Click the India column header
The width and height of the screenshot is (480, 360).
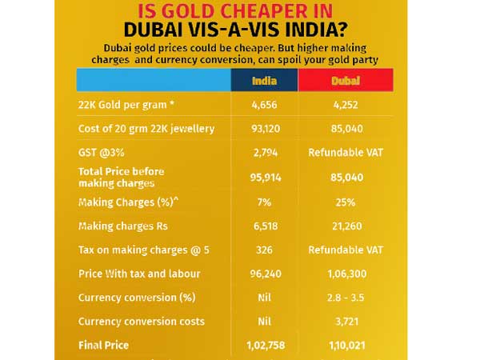tap(264, 80)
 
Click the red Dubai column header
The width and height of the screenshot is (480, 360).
tap(345, 80)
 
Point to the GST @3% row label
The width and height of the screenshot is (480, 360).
tap(102, 151)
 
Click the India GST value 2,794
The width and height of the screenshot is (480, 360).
tap(264, 151)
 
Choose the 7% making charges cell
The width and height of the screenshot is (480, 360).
tap(264, 202)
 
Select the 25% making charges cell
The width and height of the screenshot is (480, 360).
tap(345, 202)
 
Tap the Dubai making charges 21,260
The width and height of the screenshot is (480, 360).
tap(345, 226)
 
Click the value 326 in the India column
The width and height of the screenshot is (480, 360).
tap(264, 250)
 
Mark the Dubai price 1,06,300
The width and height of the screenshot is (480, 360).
tap(345, 274)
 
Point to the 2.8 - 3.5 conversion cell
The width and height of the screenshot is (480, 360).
tap(345, 298)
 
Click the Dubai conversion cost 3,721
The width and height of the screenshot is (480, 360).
tap(345, 322)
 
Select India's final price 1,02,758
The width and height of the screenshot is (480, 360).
tap(264, 346)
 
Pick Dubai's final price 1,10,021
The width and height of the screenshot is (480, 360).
tap(345, 346)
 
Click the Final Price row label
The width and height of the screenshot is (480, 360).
tap(103, 346)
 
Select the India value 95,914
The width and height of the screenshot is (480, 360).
tap(264, 177)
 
